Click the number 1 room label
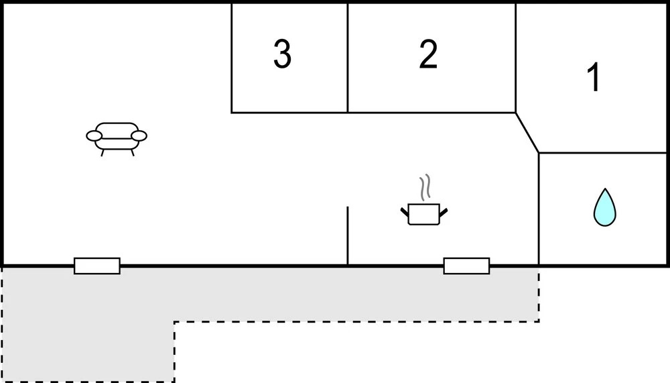(594, 78)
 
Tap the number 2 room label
(428, 55)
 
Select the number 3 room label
(282, 55)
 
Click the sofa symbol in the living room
(117, 136)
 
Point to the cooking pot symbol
(424, 213)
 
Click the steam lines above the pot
(423, 188)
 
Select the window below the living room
(97, 266)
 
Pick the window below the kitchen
(466, 266)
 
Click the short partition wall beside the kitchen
(348, 235)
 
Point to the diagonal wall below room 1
(527, 132)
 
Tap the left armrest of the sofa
(94, 137)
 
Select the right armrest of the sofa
(139, 136)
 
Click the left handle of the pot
(405, 213)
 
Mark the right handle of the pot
(443, 213)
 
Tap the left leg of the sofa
(103, 152)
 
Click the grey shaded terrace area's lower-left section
(87, 349)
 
